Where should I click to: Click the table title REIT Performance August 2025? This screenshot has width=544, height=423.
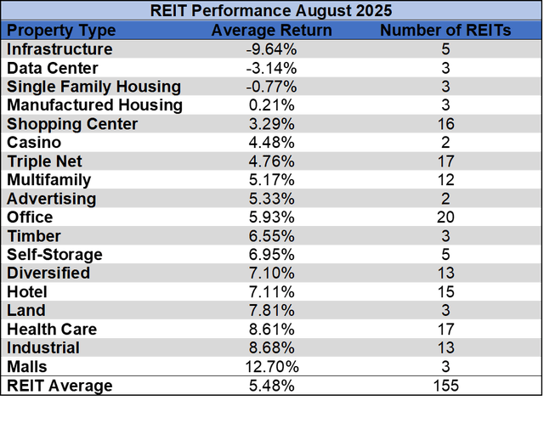click(x=271, y=12)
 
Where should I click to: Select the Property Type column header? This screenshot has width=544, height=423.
click(x=61, y=31)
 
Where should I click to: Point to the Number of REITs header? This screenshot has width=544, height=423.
click(x=445, y=31)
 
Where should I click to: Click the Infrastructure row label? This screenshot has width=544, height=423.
click(x=59, y=49)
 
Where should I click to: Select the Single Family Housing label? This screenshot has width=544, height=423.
click(x=93, y=87)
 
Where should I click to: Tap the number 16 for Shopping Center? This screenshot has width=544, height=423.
click(x=445, y=124)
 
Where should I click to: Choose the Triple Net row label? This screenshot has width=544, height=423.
click(x=45, y=161)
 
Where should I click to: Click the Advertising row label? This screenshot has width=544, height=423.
click(x=52, y=199)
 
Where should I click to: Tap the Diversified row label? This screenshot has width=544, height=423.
click(x=48, y=274)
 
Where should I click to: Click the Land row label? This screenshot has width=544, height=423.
click(x=26, y=311)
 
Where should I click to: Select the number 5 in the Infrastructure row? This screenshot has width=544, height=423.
click(x=445, y=49)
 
